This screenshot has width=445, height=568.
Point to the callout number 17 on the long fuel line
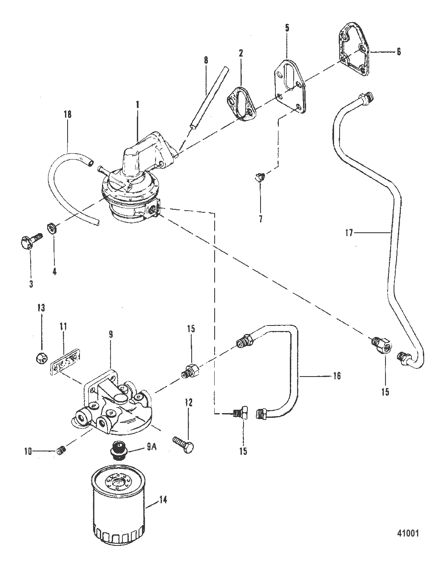(349, 232)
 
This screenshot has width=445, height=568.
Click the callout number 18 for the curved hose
(68, 114)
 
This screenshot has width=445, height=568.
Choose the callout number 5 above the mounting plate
(287, 29)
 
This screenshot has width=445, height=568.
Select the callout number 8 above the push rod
(206, 60)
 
